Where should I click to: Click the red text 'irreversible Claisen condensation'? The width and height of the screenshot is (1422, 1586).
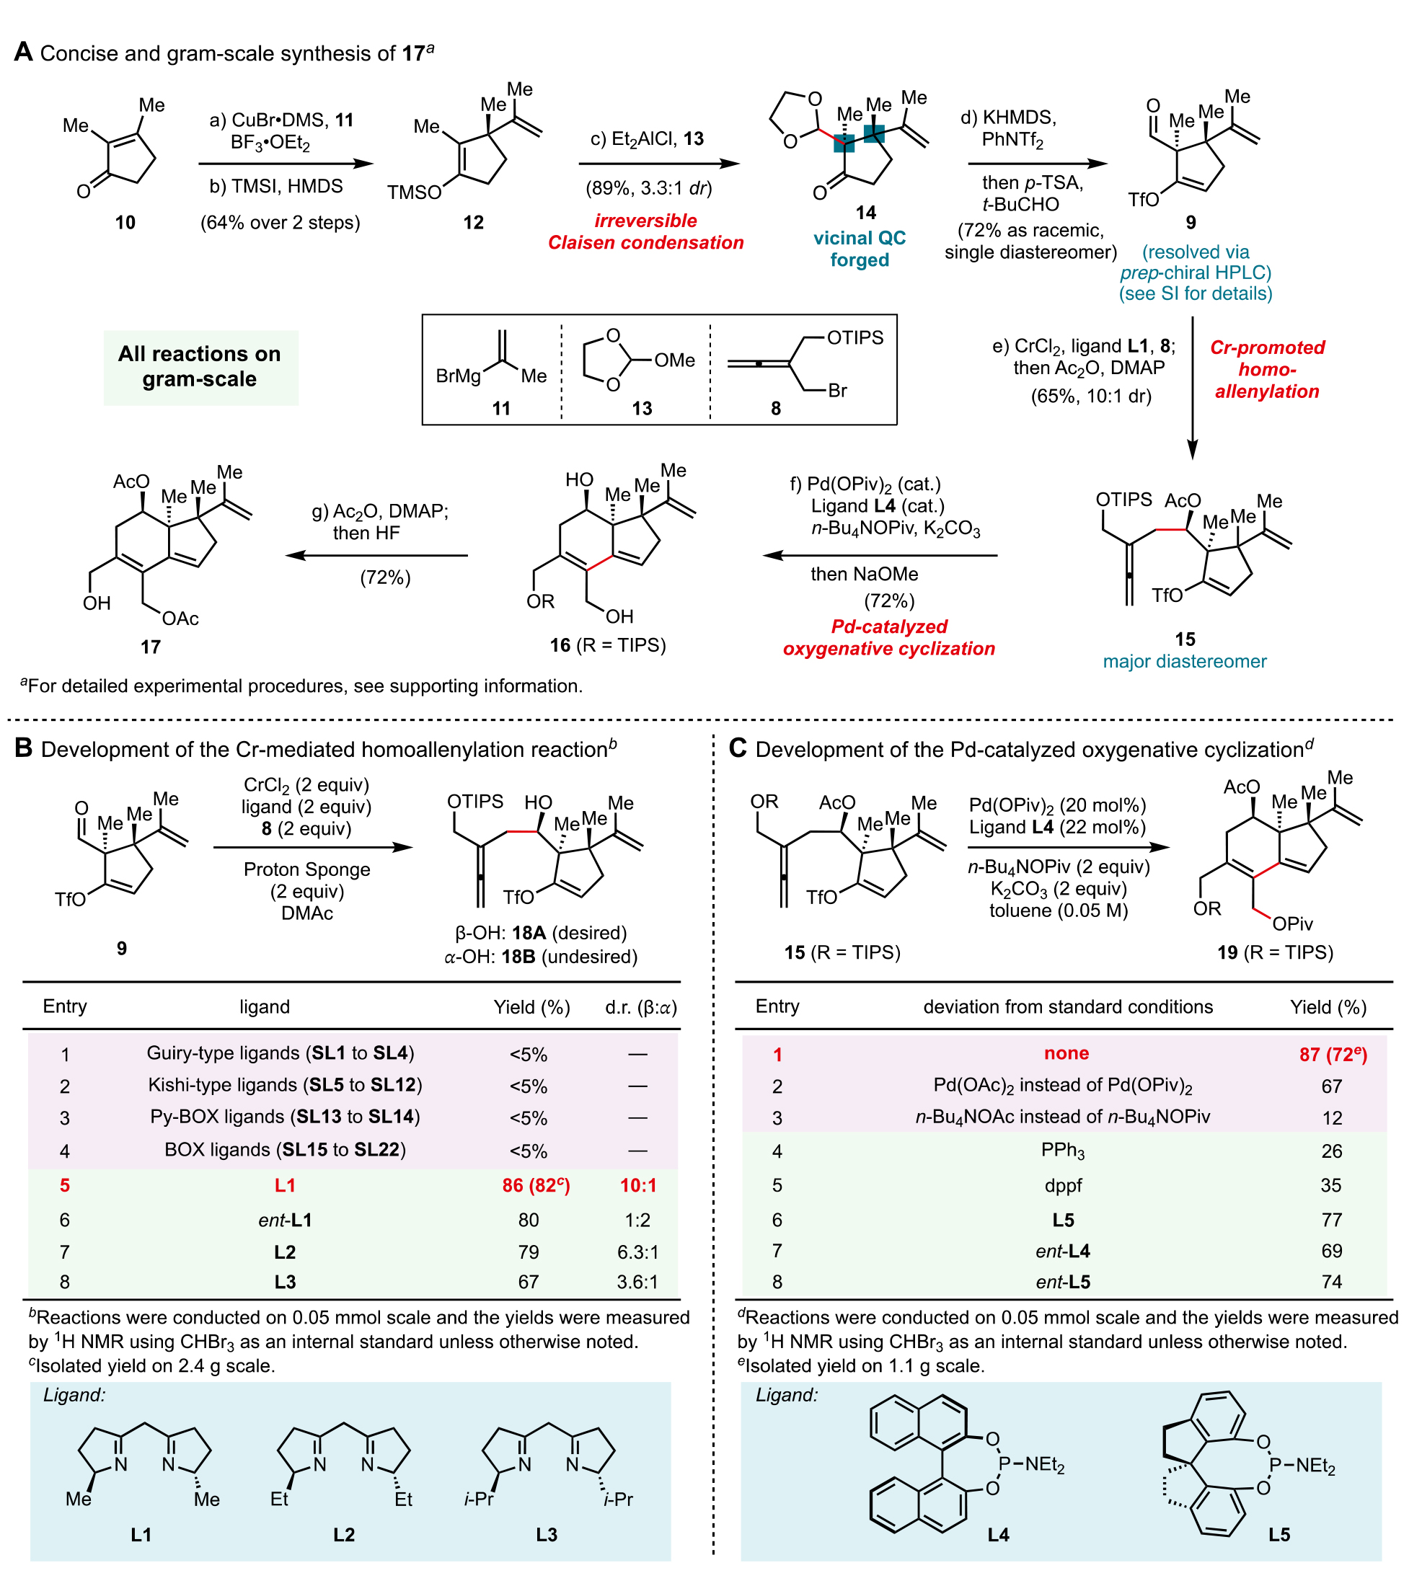[645, 232]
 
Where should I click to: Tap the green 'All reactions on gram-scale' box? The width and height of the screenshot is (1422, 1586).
[200, 366]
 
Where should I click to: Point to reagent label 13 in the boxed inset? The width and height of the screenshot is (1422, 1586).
[642, 409]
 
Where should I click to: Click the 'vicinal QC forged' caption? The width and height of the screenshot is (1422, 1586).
[859, 249]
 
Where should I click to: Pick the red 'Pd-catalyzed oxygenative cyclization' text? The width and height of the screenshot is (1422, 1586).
[888, 637]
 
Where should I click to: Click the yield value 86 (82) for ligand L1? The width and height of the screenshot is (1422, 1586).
[535, 1185]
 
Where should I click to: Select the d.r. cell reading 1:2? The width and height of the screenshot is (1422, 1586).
[637, 1220]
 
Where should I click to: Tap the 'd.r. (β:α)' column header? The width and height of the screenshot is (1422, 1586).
[640, 1007]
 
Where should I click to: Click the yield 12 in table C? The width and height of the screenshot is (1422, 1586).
[1331, 1118]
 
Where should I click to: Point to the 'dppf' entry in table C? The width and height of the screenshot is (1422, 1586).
[1063, 1185]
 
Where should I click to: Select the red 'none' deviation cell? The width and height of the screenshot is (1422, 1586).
[1066, 1053]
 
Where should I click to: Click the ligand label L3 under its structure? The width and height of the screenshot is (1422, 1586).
[546, 1534]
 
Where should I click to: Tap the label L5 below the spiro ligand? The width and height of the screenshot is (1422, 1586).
[1279, 1534]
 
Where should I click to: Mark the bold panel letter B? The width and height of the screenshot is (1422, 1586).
[24, 748]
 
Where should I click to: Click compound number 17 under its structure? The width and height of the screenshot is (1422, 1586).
[150, 647]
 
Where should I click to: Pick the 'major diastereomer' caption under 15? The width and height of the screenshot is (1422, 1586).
[1184, 662]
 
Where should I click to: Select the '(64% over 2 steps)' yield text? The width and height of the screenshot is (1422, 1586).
[280, 223]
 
